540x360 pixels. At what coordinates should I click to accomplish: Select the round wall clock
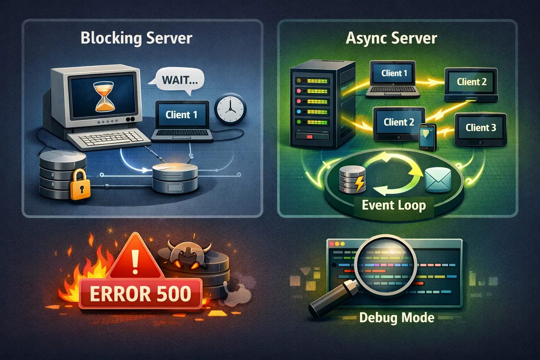pos(230,108)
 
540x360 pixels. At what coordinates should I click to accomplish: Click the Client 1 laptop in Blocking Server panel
pos(181,117)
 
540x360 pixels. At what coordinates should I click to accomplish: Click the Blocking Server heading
pos(136,38)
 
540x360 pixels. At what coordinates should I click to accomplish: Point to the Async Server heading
pos(391,38)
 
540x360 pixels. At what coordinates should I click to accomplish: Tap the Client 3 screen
pos(481,128)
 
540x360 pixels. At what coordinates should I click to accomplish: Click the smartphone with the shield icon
pos(427,136)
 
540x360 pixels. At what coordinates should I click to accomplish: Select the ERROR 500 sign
pos(140,293)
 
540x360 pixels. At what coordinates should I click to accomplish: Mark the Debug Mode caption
pos(397,318)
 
